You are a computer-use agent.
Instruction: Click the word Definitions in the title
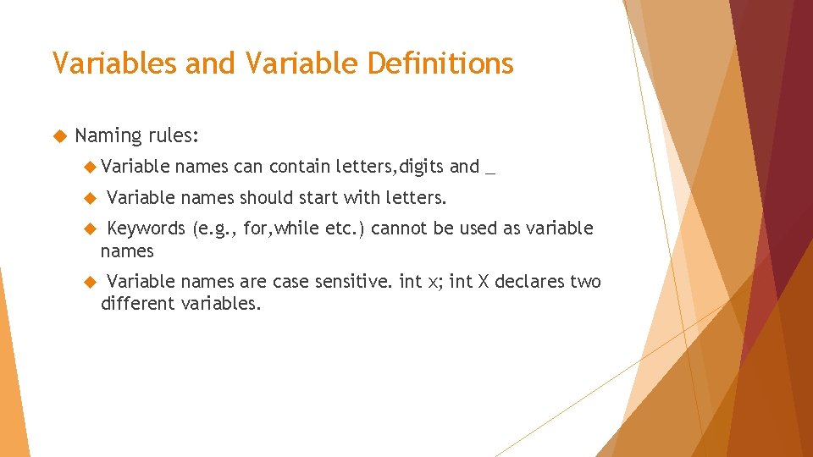point(449,63)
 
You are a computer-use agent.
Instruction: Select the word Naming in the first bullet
point(108,135)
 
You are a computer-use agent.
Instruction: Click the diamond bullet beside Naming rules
point(59,135)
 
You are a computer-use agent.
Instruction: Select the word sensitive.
point(356,281)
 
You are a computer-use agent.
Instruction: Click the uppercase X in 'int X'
point(484,281)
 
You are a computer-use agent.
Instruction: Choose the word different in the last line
point(138,303)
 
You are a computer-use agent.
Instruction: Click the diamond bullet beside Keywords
point(92,228)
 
